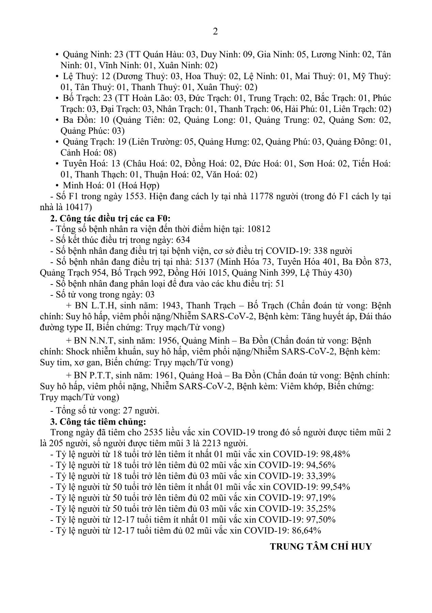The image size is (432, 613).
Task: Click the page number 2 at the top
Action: [215, 32]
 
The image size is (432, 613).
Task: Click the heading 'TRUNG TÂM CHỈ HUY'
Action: [321, 546]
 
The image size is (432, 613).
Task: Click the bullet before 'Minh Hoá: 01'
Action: [57, 186]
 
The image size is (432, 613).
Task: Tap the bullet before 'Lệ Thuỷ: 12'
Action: [57, 76]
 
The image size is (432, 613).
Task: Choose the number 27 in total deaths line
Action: [119, 411]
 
